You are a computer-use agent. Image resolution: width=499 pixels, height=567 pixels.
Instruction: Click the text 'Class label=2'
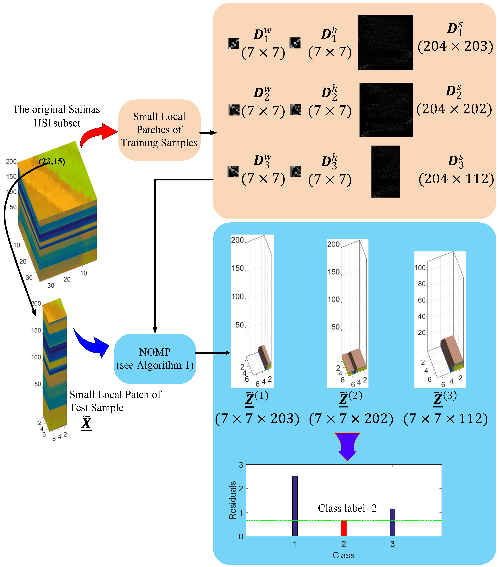pyautogui.click(x=347, y=508)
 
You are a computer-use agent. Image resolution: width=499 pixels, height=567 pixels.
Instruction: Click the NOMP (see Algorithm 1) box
pyautogui.click(x=155, y=359)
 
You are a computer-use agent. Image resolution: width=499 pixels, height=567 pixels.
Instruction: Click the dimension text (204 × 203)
pyautogui.click(x=455, y=46)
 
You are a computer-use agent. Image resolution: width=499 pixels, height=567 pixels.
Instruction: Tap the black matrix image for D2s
pyautogui.click(x=386, y=110)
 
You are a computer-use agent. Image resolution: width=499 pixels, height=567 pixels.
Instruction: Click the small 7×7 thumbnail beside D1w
pyautogui.click(x=233, y=44)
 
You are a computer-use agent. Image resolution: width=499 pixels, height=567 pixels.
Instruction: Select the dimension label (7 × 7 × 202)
pyautogui.click(x=351, y=419)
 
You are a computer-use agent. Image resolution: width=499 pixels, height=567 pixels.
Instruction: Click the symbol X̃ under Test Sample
pyautogui.click(x=86, y=424)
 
